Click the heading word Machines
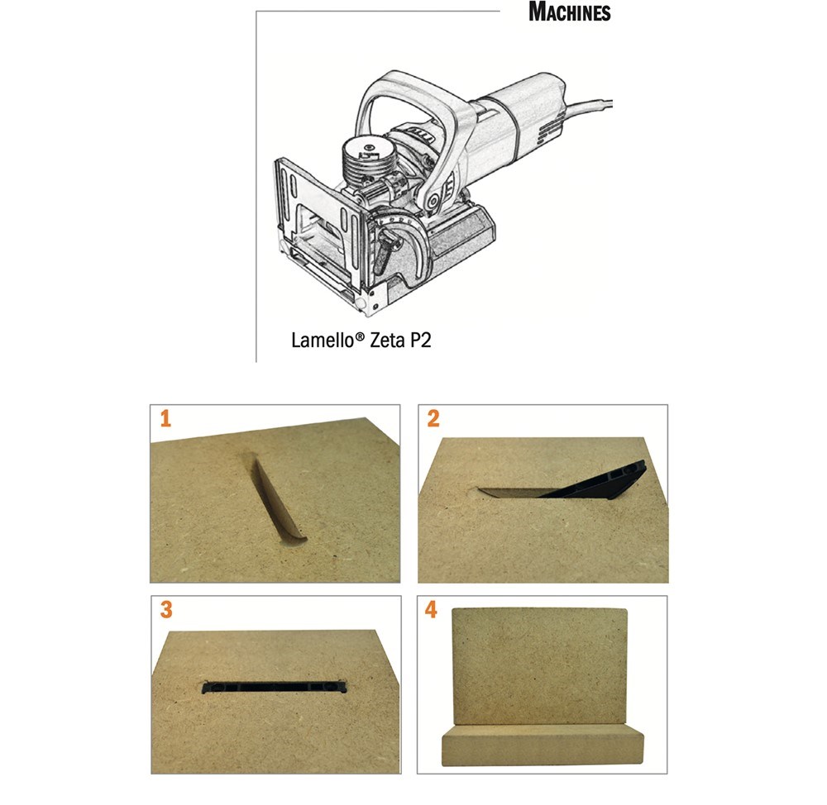coord(570,12)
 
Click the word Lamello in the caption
coord(323,340)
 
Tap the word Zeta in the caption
coord(386,340)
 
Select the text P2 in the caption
coord(420,340)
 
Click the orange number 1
coord(165,418)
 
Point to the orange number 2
coord(433,418)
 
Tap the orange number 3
coord(166,610)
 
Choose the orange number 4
coord(431,609)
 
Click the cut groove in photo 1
coord(277,498)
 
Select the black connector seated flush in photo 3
coord(275,687)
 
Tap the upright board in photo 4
coord(540,668)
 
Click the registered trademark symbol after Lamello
coord(360,335)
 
